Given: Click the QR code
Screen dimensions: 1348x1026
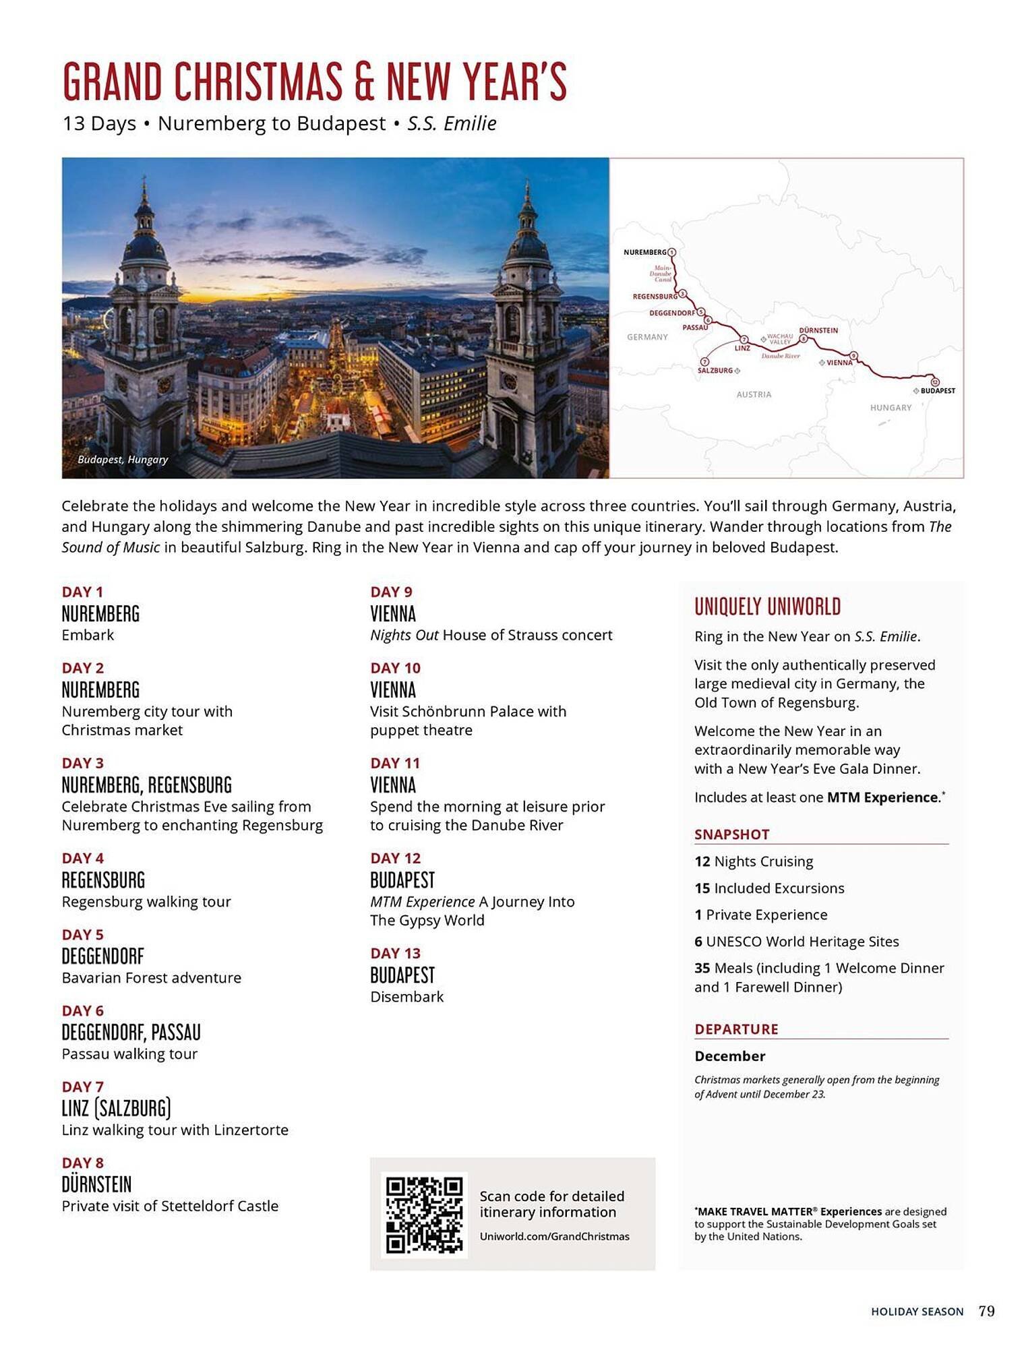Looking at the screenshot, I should pyautogui.click(x=424, y=1215).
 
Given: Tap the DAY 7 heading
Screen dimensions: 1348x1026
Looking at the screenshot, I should pyautogui.click(x=83, y=1086).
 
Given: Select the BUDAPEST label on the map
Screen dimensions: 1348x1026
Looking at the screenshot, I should pyautogui.click(x=938, y=391).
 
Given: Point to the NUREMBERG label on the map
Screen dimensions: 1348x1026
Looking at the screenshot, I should pyautogui.click(x=644, y=252).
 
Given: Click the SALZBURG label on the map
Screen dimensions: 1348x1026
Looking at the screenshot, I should pyautogui.click(x=715, y=371).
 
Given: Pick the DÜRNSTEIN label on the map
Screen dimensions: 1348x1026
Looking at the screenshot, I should pyautogui.click(x=818, y=330).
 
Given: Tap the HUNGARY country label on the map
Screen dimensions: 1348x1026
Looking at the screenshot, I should pyautogui.click(x=891, y=408).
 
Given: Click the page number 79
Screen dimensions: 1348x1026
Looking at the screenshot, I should pyautogui.click(x=986, y=1311).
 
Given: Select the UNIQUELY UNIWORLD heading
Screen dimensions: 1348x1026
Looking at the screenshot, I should pyautogui.click(x=767, y=607).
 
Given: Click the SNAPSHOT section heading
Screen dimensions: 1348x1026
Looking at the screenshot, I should pyautogui.click(x=731, y=834).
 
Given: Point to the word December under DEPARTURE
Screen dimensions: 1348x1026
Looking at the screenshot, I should pyautogui.click(x=730, y=1056).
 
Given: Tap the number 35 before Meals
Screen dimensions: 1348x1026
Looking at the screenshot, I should pyautogui.click(x=702, y=968).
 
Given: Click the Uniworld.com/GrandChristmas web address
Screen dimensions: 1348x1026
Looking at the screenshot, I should pyautogui.click(x=554, y=1236).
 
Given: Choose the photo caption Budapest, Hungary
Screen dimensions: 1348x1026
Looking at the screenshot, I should pyautogui.click(x=123, y=460).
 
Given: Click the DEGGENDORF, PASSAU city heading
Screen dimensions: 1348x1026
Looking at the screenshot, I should pyautogui.click(x=131, y=1033).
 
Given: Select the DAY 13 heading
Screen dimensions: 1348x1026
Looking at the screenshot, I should pyautogui.click(x=395, y=953).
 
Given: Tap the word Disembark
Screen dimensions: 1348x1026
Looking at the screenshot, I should pyautogui.click(x=406, y=997).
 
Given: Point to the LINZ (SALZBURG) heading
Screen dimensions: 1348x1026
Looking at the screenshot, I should pyautogui.click(x=116, y=1109).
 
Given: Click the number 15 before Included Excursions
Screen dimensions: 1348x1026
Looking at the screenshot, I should pyautogui.click(x=702, y=888).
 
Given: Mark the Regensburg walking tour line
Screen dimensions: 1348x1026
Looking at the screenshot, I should pyautogui.click(x=146, y=902).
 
